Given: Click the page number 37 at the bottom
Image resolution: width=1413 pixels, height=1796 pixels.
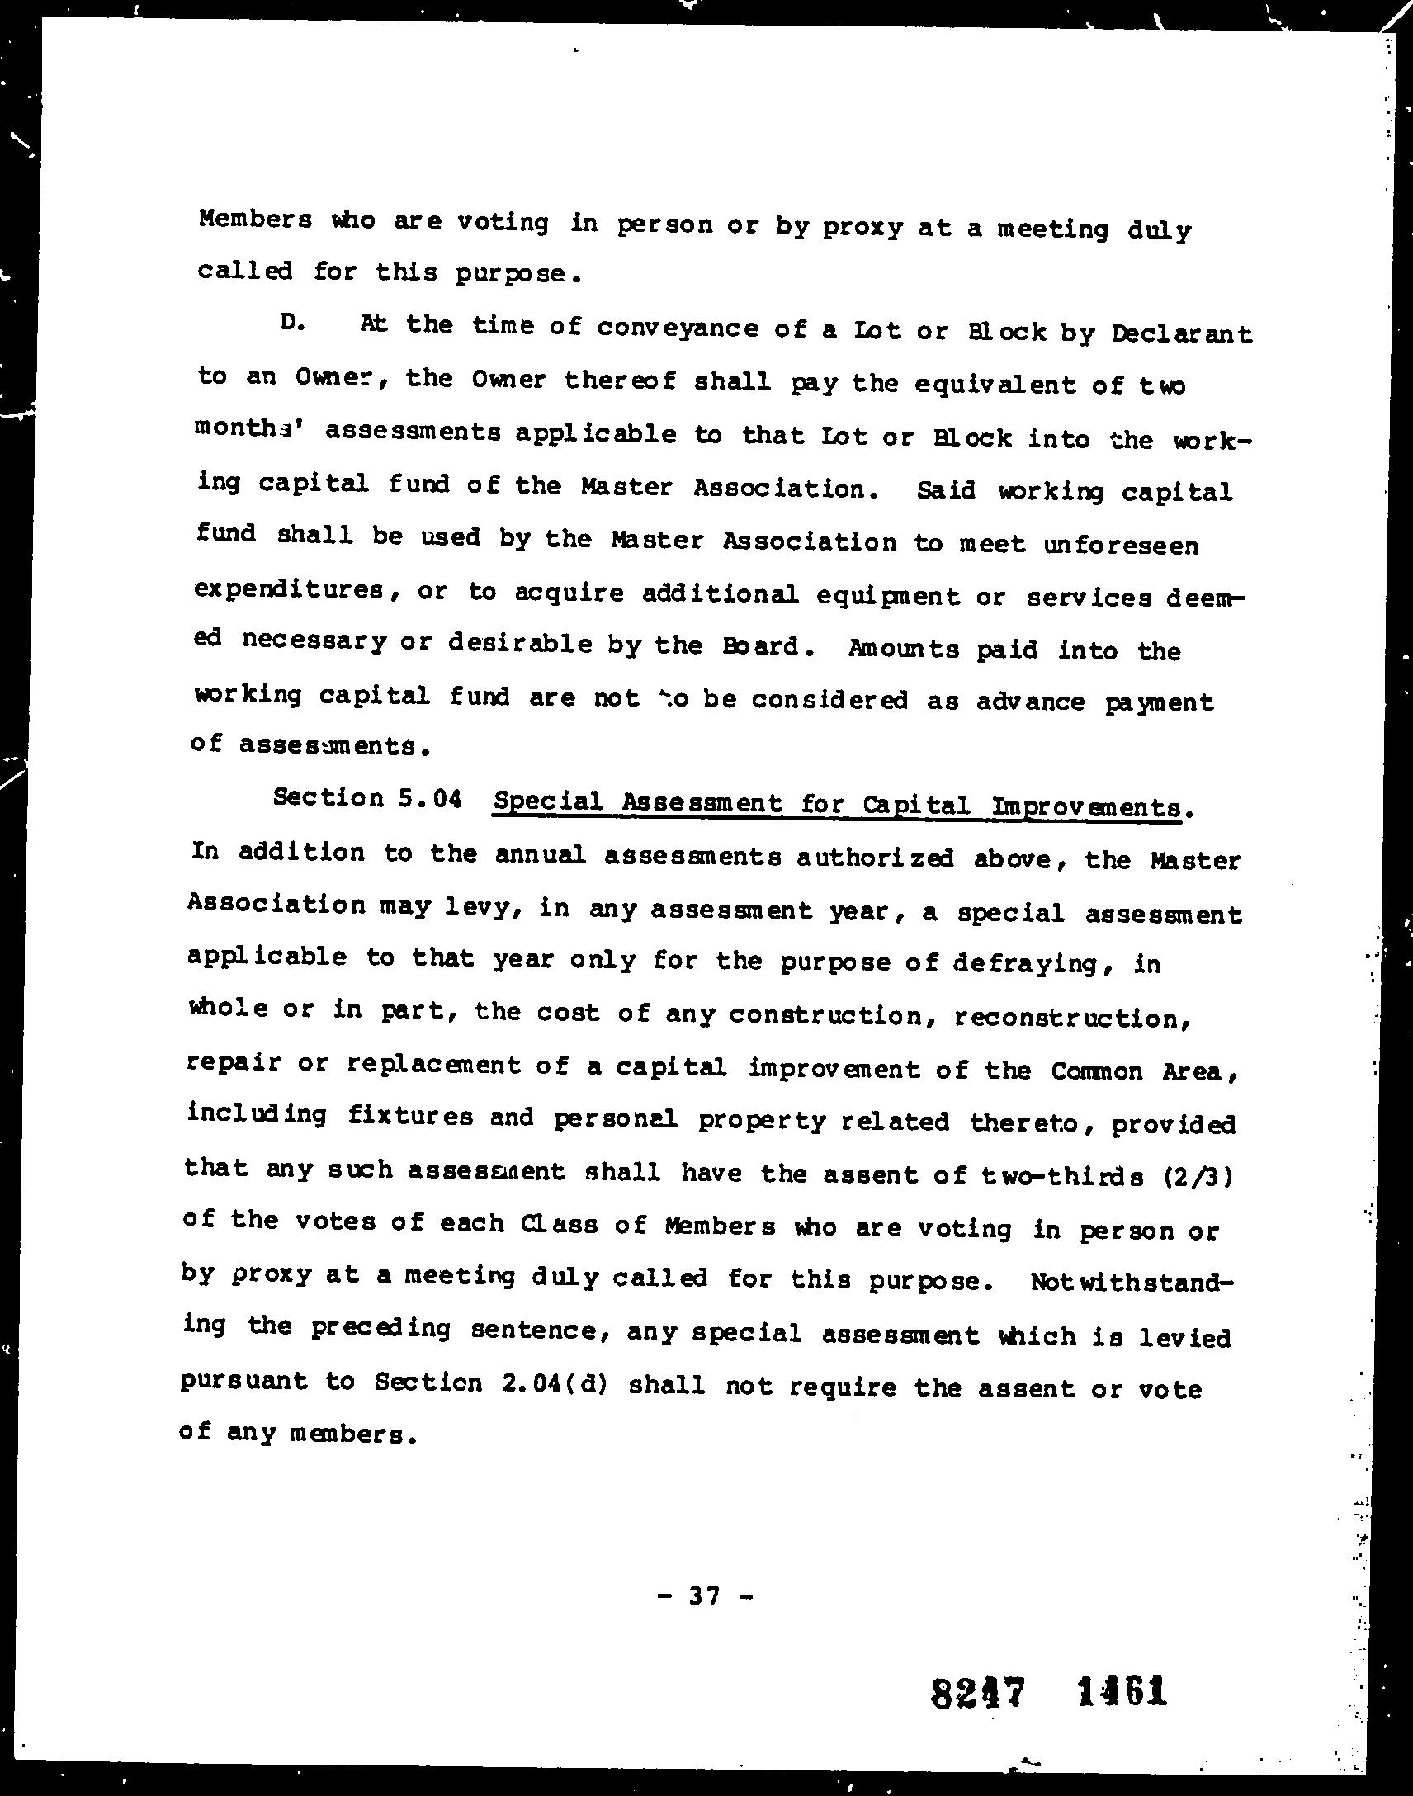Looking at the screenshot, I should (x=704, y=1595).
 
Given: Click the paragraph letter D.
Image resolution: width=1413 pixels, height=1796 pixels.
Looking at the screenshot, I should (x=291, y=324).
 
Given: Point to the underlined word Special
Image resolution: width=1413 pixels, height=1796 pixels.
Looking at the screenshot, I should (x=547, y=801).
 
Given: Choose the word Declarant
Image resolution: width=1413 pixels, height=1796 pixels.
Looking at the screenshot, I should (x=1181, y=334).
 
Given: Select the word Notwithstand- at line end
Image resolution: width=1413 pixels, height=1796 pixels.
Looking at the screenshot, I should (x=1131, y=1283).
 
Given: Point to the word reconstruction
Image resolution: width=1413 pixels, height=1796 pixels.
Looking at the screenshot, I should (x=1071, y=1017).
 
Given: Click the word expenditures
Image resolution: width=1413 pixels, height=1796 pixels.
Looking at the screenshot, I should (x=289, y=590).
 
